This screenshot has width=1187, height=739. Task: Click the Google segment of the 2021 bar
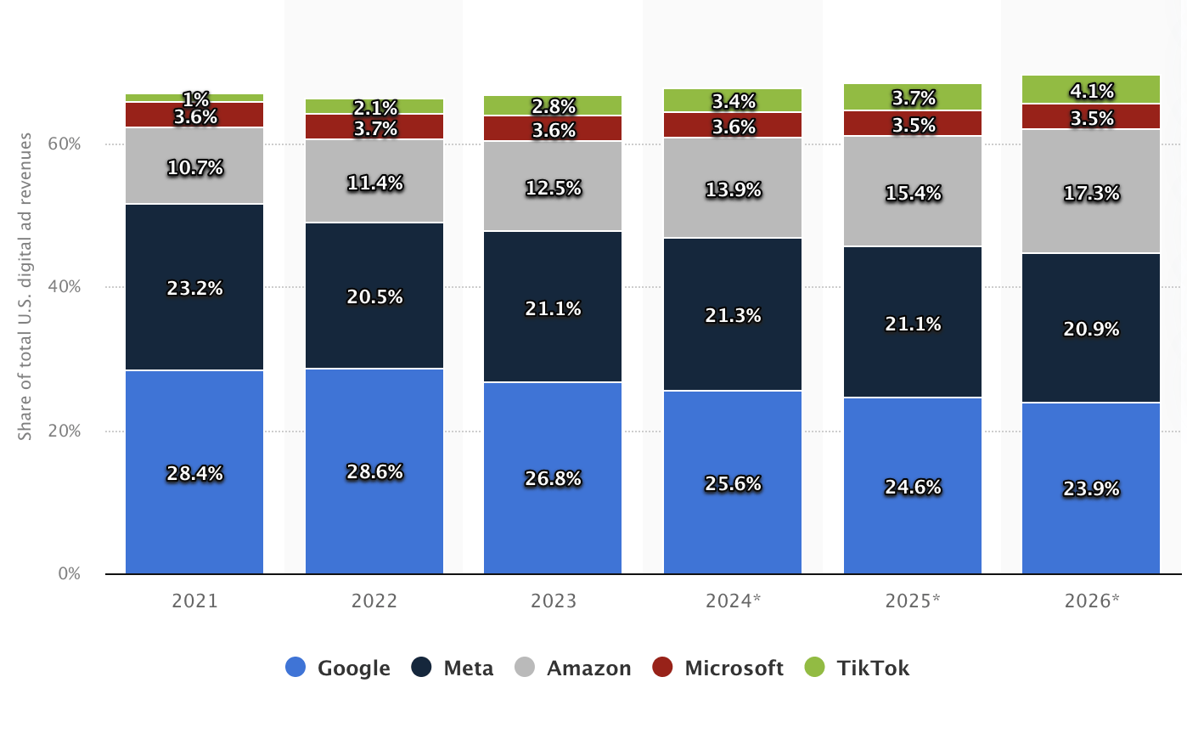(x=194, y=510)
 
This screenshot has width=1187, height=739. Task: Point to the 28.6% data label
(x=374, y=472)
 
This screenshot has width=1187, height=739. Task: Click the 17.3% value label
(x=1091, y=194)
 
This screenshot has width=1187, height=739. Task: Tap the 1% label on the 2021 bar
(x=195, y=99)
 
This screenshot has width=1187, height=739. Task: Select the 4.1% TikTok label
(x=1091, y=91)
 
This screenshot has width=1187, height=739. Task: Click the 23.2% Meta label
(x=194, y=289)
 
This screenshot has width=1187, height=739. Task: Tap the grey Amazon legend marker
(x=525, y=668)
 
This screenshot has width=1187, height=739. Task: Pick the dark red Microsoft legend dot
(x=662, y=668)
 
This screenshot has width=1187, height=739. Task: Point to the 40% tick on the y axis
(x=64, y=287)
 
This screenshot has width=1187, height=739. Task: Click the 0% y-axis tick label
(x=69, y=574)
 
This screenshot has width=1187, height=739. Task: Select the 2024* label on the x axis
(x=733, y=601)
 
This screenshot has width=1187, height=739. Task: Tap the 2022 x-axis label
(x=374, y=601)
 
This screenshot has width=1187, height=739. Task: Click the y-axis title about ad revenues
(x=25, y=286)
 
